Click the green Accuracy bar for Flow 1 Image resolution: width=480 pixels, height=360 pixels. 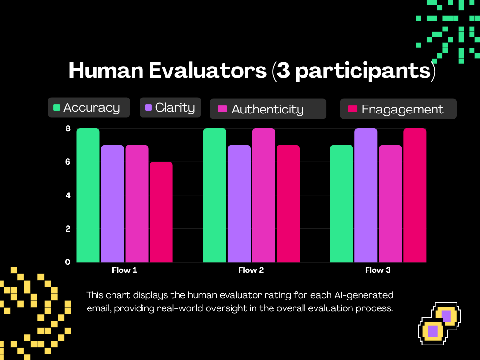[x=88, y=195]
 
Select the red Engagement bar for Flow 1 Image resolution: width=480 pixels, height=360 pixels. [x=161, y=212]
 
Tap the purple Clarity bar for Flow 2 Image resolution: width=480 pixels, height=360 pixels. [x=239, y=203]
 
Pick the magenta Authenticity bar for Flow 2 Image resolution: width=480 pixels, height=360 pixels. [x=263, y=195]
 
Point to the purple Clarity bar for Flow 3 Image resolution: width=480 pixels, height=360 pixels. [x=366, y=195]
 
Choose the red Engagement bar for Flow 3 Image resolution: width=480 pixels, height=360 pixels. [x=414, y=195]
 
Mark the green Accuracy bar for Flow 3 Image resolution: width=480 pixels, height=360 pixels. [x=342, y=203]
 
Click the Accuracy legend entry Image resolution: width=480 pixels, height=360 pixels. [x=89, y=107]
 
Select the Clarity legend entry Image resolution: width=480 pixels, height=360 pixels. [x=170, y=107]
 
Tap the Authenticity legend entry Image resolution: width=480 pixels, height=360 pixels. [x=268, y=109]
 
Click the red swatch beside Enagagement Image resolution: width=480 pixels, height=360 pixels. [x=352, y=109]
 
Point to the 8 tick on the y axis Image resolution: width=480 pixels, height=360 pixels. [x=68, y=128]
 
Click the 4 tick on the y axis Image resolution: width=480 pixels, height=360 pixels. [x=68, y=195]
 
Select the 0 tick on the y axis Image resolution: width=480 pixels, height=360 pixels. [x=67, y=262]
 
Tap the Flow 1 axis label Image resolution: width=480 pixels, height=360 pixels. [x=125, y=270]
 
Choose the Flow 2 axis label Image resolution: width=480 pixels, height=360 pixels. [x=251, y=270]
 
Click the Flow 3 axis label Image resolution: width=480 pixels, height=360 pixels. [x=378, y=270]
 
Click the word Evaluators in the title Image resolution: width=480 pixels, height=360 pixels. [x=208, y=70]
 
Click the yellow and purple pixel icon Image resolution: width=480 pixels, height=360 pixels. [x=440, y=323]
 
